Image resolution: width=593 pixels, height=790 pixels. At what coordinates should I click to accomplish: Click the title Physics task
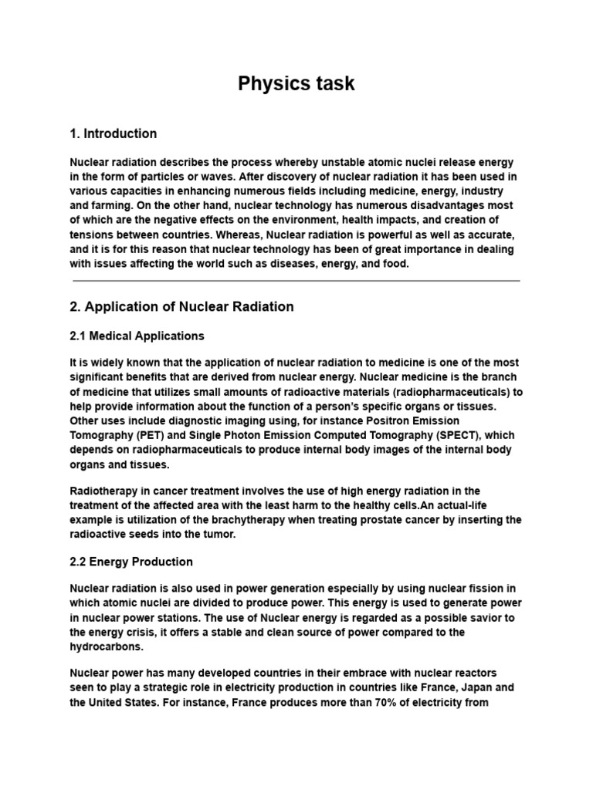pyautogui.click(x=296, y=83)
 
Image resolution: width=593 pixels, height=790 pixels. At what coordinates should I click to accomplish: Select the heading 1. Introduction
pyautogui.click(x=113, y=133)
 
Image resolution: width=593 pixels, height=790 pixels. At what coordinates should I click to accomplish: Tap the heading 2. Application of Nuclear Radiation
pyautogui.click(x=181, y=306)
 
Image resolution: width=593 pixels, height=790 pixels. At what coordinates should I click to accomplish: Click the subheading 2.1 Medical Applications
pyautogui.click(x=137, y=336)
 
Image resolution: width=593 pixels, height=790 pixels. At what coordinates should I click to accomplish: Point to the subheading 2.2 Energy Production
pyautogui.click(x=130, y=562)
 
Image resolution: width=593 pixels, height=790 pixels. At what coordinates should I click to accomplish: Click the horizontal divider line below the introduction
pyautogui.click(x=296, y=281)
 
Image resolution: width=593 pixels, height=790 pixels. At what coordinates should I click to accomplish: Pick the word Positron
pyautogui.click(x=391, y=420)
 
